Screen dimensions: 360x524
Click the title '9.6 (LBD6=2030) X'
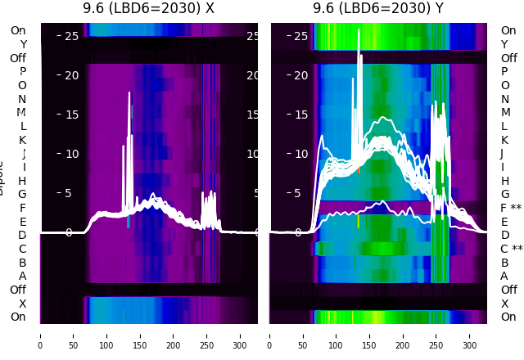pyautogui.click(x=149, y=9)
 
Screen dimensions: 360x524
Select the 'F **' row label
pyautogui.click(x=511, y=208)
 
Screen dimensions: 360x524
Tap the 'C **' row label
pyautogui.click(x=511, y=249)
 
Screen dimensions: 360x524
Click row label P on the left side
pyautogui.click(x=22, y=72)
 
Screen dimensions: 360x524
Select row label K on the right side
pyautogui.click(x=504, y=140)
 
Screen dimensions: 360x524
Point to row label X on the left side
pyautogui.click(x=22, y=304)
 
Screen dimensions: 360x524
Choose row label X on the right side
pyautogui.click(x=504, y=304)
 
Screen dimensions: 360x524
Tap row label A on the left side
pyautogui.click(x=22, y=277)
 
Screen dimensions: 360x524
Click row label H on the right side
pyautogui.click(x=504, y=181)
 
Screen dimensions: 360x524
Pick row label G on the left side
pyautogui.click(x=22, y=195)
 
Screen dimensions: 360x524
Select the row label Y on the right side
pyautogui.click(x=504, y=44)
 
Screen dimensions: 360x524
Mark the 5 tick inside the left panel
pyautogui.click(x=69, y=194)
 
